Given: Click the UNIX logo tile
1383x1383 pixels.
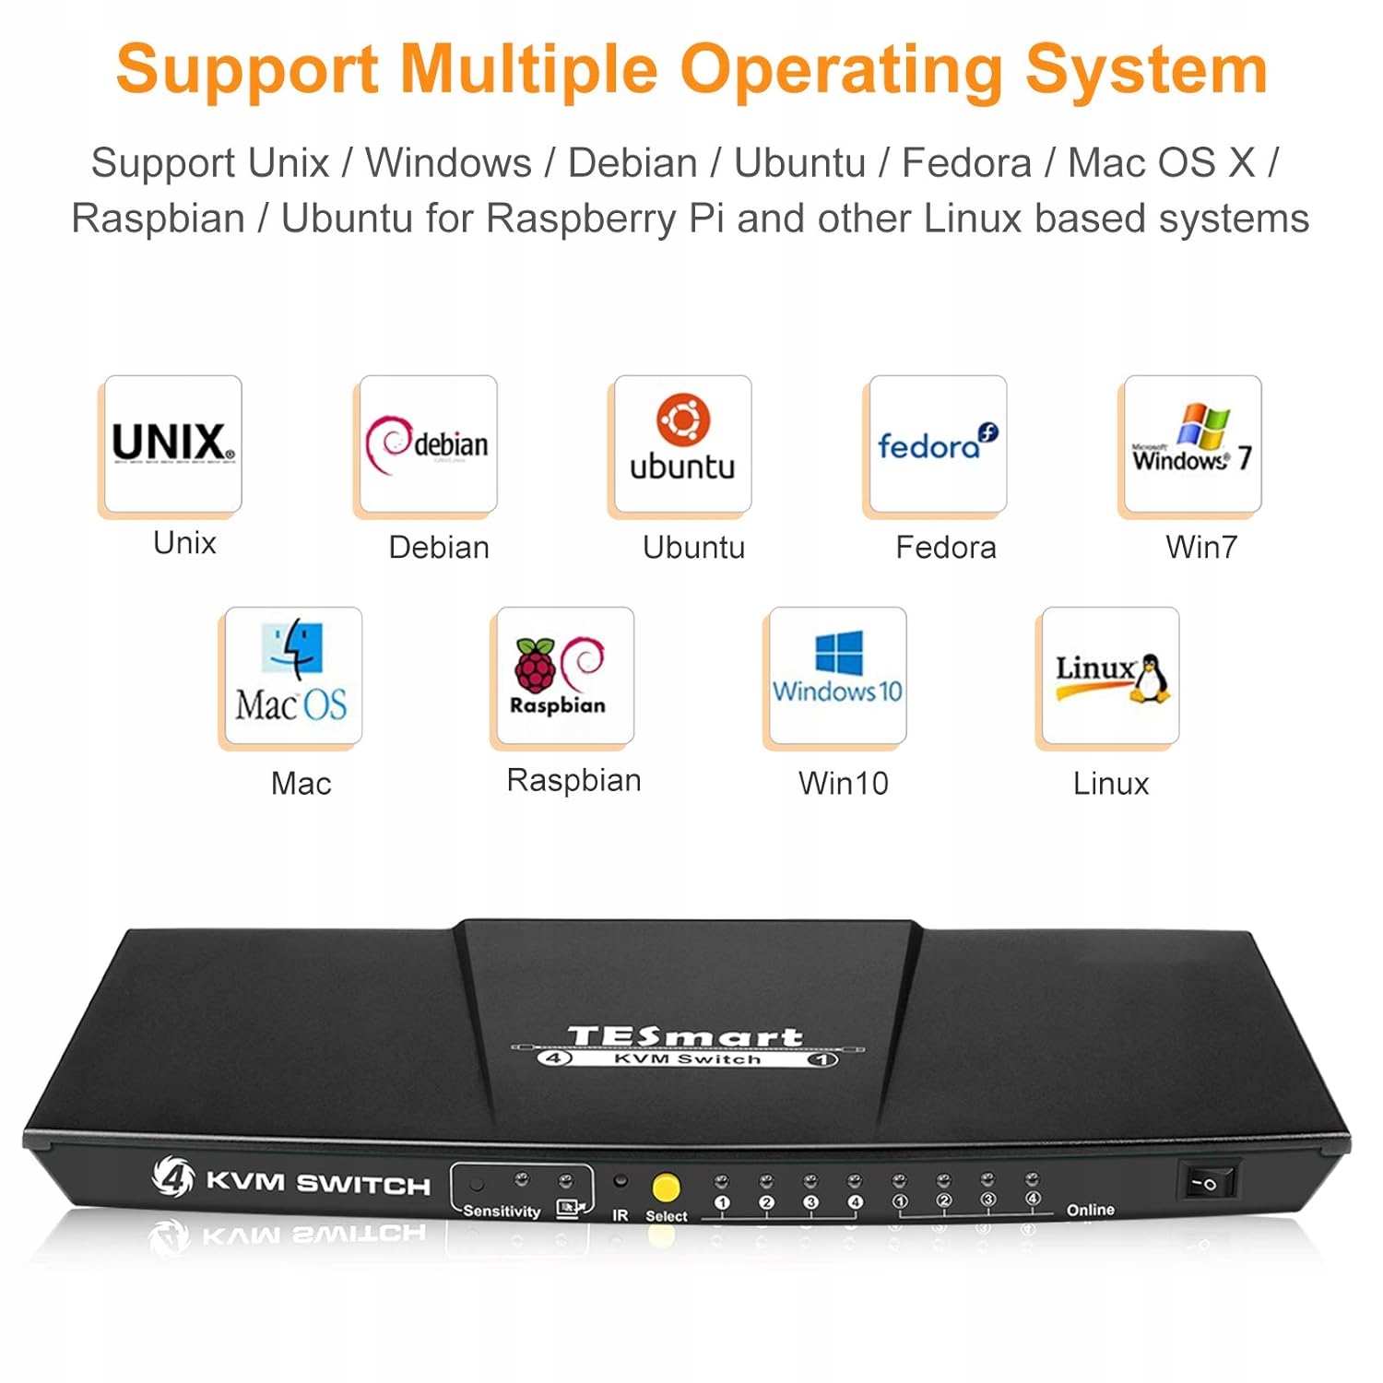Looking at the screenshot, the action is point(172,444).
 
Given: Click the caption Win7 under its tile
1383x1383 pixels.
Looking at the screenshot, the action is point(1201,548).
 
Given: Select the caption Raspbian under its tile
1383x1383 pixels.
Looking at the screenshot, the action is point(573,781).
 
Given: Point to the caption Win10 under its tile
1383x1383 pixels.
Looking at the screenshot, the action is point(844,784).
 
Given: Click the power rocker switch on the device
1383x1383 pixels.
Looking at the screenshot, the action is point(1207,1180).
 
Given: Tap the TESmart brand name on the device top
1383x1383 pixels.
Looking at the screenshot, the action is point(685,1037).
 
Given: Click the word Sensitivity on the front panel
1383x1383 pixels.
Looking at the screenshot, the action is point(502,1211).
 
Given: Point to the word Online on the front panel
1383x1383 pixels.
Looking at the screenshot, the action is point(1091,1210).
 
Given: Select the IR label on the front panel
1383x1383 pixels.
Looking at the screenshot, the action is point(621,1216).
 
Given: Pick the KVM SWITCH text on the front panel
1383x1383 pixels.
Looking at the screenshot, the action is point(318,1183).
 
